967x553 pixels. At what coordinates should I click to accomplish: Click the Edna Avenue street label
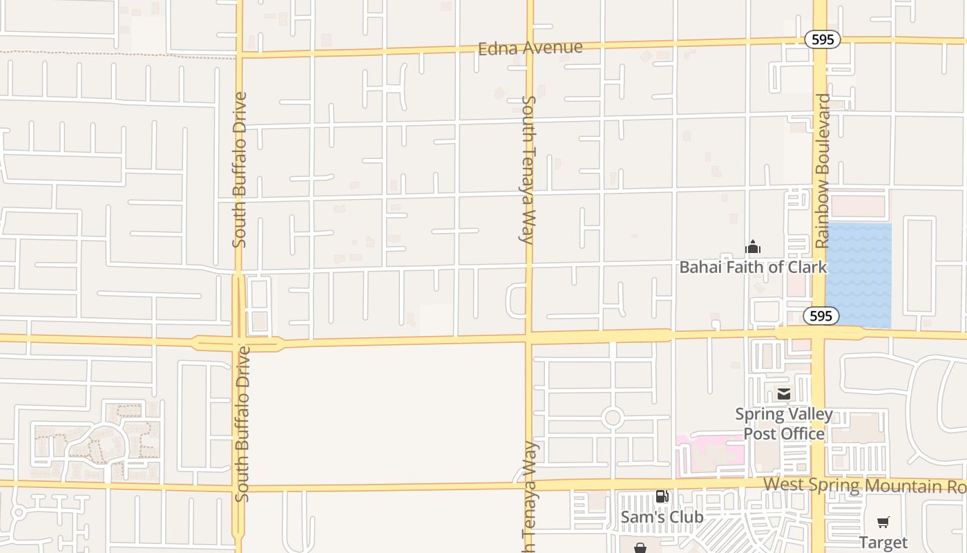click(x=530, y=48)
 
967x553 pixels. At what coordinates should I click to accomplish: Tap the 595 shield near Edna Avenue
click(x=822, y=39)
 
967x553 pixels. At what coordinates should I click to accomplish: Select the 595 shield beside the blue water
click(x=821, y=316)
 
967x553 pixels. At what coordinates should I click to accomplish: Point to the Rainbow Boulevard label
click(x=822, y=171)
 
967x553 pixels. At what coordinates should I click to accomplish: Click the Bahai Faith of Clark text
click(x=753, y=267)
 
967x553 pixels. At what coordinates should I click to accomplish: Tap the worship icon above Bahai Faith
click(x=753, y=247)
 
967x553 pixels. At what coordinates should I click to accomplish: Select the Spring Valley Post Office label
click(x=784, y=424)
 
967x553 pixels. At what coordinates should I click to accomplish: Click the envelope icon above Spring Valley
click(x=784, y=394)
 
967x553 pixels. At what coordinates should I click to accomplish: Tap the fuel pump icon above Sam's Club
click(x=662, y=496)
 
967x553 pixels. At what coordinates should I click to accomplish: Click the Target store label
click(x=883, y=542)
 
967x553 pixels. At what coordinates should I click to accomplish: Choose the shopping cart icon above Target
click(x=883, y=522)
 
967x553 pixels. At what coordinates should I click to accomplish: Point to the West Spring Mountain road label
click(x=863, y=485)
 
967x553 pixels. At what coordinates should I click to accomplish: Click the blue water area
click(x=859, y=275)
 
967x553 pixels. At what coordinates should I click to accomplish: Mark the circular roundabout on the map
click(x=612, y=418)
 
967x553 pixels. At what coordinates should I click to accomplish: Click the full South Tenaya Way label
click(x=528, y=169)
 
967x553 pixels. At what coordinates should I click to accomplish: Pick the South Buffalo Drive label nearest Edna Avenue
click(x=239, y=169)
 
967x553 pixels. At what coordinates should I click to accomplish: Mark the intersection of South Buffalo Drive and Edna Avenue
click(x=239, y=53)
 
